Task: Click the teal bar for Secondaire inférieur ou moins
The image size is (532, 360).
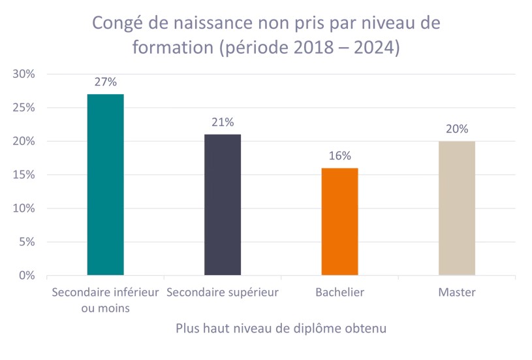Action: click(105, 184)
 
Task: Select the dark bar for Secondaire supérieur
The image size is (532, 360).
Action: click(223, 205)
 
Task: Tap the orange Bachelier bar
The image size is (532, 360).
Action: click(339, 221)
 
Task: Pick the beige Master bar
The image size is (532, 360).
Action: click(457, 208)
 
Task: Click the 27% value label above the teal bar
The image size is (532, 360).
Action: click(106, 82)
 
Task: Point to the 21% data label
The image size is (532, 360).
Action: click(223, 122)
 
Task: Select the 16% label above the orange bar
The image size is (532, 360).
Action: click(340, 155)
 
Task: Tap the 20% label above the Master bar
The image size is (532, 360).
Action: click(457, 129)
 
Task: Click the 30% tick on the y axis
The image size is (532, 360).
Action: click(24, 74)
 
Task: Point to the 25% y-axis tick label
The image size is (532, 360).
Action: click(24, 108)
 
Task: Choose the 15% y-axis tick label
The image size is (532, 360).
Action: click(24, 175)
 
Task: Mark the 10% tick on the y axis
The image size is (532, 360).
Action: click(24, 208)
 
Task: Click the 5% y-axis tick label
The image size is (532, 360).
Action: click(27, 242)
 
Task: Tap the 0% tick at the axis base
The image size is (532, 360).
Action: click(27, 276)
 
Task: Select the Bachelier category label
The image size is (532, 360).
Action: click(339, 293)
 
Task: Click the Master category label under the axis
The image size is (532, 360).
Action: click(457, 293)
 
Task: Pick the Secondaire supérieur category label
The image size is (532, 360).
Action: click(223, 293)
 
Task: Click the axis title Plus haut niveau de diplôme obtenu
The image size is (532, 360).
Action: click(281, 329)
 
